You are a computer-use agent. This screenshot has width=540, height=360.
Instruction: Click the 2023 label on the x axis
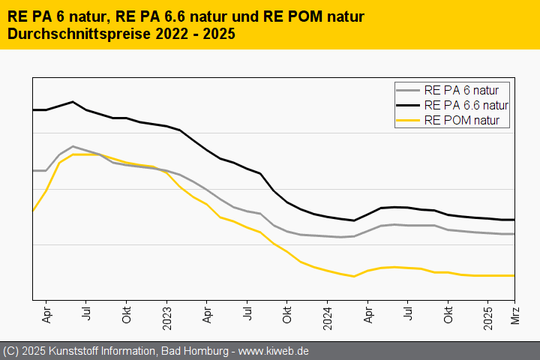tap(167, 318)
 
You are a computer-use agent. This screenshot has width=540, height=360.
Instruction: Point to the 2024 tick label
tap(328, 318)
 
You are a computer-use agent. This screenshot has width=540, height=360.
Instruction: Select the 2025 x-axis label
tap(488, 318)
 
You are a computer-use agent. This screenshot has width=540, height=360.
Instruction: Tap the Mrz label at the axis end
tap(515, 316)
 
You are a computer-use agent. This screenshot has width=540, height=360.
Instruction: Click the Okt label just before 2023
tap(127, 316)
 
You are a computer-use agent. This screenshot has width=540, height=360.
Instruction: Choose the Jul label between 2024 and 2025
tap(408, 313)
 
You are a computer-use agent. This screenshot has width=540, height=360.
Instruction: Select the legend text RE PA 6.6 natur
tap(466, 105)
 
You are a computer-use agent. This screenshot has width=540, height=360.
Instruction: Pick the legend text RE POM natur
tap(461, 120)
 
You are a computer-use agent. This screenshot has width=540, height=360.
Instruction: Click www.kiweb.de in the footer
tap(274, 351)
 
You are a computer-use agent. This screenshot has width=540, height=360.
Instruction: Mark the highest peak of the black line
tap(73, 101)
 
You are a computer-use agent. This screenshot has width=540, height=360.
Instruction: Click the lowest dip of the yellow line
tap(354, 276)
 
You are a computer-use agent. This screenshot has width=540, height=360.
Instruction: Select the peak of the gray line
tap(73, 146)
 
